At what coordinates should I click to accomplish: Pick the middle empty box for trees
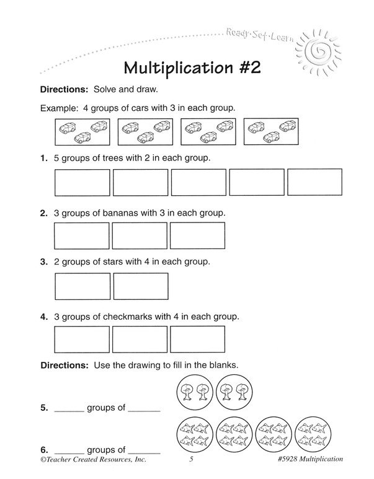tap(198, 182)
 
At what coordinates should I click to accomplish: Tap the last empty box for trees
tap(314, 182)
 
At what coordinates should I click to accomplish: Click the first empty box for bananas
tap(82, 235)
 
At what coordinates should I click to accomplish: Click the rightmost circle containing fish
tap(311, 433)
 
